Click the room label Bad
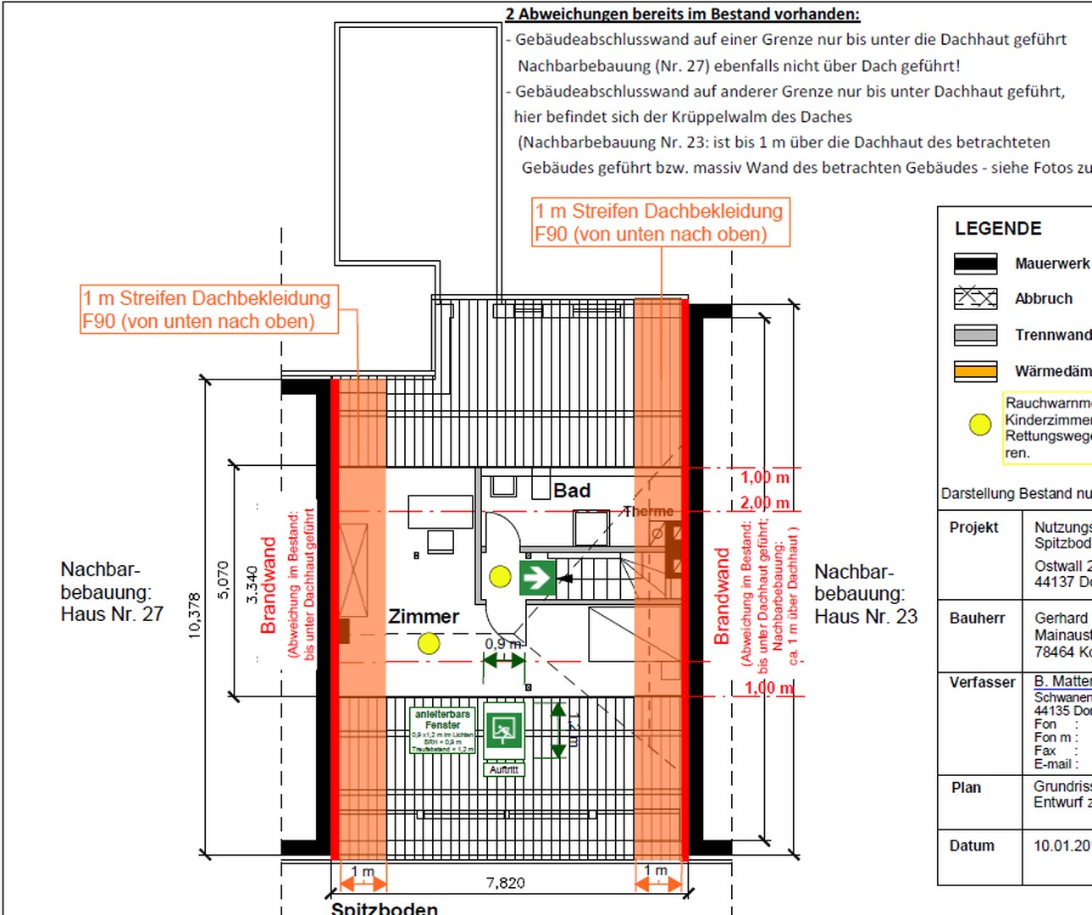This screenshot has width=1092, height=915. pos(572,491)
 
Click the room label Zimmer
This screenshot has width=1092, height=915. pos(424,617)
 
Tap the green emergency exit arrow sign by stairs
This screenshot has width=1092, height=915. pos(537,578)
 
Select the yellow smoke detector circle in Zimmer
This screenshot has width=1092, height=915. pos(429,644)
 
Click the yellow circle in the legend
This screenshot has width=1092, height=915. pos(980,424)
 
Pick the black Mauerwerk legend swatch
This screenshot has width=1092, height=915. pos(975,263)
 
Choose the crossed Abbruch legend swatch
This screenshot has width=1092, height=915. pos(975,298)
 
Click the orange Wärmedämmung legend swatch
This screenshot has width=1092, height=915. pos(975,371)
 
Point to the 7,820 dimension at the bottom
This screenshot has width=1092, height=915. pos(505,883)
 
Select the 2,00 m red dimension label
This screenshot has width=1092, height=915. pos(764,502)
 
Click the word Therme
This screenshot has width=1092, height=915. pos(648,512)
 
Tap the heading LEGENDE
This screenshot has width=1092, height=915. pos(998,229)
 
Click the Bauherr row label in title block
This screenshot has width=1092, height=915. pos(977,618)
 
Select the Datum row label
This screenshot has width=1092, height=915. pos(972,846)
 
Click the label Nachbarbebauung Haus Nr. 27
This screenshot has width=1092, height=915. pos(112,591)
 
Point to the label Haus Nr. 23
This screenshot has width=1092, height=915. pos(865,617)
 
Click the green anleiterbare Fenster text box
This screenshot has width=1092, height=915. pos(443,731)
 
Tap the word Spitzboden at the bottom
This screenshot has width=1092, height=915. pos(385,907)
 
